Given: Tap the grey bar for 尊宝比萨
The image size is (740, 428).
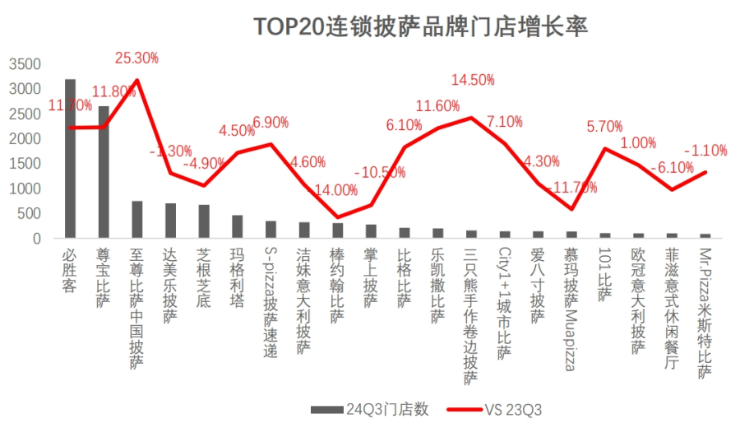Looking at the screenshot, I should [104, 172].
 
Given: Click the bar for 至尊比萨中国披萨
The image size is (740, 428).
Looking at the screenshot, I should [137, 220].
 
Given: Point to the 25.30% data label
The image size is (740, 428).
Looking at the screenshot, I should [137, 58].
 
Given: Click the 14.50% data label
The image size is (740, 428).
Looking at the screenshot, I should [473, 80].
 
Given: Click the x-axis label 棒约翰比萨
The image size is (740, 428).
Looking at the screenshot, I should [337, 283].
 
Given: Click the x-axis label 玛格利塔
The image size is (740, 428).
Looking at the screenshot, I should [237, 276].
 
